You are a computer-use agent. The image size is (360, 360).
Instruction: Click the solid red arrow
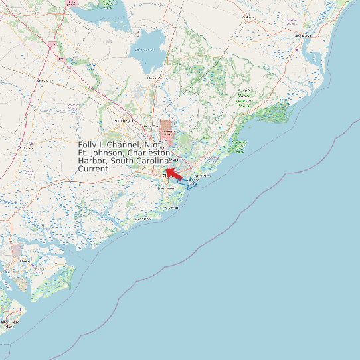pyautogui.click(x=174, y=173)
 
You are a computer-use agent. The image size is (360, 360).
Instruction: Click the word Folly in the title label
pyautogui.click(x=88, y=145)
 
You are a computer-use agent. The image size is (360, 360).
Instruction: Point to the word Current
pyautogui.click(x=93, y=169)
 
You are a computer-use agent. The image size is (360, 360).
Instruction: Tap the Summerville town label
pyautogui.click(x=124, y=120)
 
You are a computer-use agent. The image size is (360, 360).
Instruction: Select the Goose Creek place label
pyautogui.click(x=152, y=126)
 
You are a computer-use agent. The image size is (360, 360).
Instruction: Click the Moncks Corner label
pyautogui.click(x=157, y=78)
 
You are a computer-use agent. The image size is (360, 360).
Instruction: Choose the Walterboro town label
pyautogui.click(x=44, y=80)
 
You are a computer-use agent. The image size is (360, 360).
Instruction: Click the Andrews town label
pyautogui.click(x=248, y=17)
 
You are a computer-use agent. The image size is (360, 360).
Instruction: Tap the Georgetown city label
pyautogui.click(x=302, y=35)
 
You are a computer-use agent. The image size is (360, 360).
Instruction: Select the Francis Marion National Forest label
pyautogui.click(x=244, y=98)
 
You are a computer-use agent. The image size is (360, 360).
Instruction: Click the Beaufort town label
pyautogui.click(x=25, y=260)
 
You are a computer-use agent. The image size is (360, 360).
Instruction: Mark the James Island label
pyautogui.click(x=165, y=188)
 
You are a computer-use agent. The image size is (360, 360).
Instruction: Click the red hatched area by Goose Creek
pyautogui.click(x=167, y=131)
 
